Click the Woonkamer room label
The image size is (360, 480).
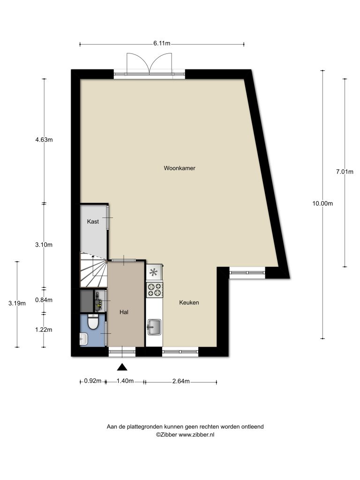click(x=180, y=168)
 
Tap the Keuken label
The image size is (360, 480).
click(x=189, y=302)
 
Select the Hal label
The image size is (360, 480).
click(x=124, y=312)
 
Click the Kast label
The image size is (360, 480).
click(x=93, y=221)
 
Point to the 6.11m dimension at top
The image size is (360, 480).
click(x=162, y=43)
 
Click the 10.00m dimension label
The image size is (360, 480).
click(x=322, y=203)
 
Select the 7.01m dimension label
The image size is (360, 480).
click(x=345, y=172)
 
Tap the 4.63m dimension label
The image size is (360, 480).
click(x=44, y=140)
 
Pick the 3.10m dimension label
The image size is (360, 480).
click(x=44, y=245)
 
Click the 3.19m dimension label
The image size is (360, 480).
click(x=17, y=303)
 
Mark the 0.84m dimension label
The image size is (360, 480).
click(x=44, y=300)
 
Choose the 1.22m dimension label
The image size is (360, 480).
click(x=44, y=330)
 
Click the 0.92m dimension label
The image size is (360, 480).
click(x=93, y=381)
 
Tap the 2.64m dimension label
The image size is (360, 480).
click(x=181, y=381)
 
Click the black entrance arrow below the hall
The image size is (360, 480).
click(x=122, y=367)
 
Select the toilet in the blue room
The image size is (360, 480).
click(x=92, y=322)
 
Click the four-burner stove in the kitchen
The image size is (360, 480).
click(x=155, y=290)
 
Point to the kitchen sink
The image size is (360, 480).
click(x=154, y=327)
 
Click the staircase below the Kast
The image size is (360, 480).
click(x=94, y=270)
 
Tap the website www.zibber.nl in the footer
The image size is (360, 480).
click(x=196, y=435)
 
